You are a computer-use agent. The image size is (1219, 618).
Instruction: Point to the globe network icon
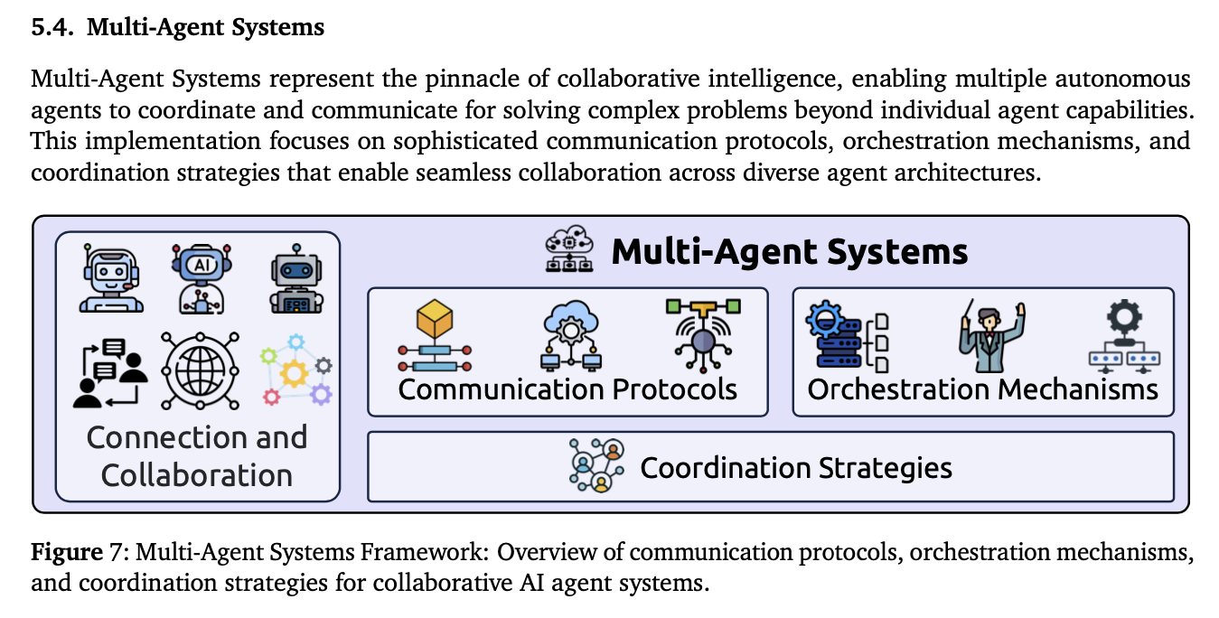[x=200, y=370]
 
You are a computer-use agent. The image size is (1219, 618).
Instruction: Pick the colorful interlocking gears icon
[x=296, y=370]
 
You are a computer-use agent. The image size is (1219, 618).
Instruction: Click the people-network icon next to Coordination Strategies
[x=597, y=467]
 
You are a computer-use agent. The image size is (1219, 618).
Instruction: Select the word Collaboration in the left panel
[x=197, y=475]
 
